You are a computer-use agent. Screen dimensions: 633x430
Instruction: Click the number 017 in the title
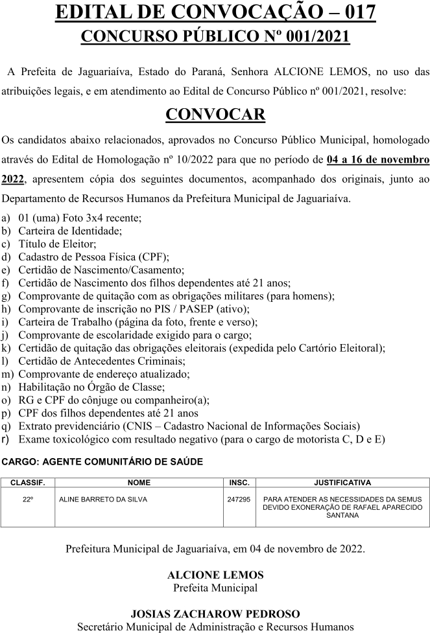[352, 12]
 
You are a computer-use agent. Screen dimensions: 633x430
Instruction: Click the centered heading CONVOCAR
[215, 114]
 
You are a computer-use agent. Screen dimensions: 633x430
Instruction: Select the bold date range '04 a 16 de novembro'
[377, 159]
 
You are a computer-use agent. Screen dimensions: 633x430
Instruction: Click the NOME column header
[139, 483]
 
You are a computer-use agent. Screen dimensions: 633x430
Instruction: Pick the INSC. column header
[239, 483]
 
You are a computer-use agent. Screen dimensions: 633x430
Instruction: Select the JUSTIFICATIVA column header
[342, 483]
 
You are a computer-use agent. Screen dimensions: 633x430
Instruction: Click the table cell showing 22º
[28, 500]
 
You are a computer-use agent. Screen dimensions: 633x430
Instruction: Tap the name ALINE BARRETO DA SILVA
[103, 500]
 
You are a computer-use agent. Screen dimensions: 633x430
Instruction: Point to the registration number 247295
[239, 500]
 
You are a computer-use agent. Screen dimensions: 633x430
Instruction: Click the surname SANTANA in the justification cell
[342, 516]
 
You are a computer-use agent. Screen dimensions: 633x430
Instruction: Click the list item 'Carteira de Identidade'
[70, 230]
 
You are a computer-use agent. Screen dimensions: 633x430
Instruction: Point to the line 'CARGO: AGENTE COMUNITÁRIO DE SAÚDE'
[102, 462]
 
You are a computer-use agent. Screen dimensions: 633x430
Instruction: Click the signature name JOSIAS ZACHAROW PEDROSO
[215, 614]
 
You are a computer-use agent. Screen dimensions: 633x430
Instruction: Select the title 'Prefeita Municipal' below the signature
[215, 588]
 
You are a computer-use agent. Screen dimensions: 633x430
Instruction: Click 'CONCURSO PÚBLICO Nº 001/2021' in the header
[215, 36]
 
